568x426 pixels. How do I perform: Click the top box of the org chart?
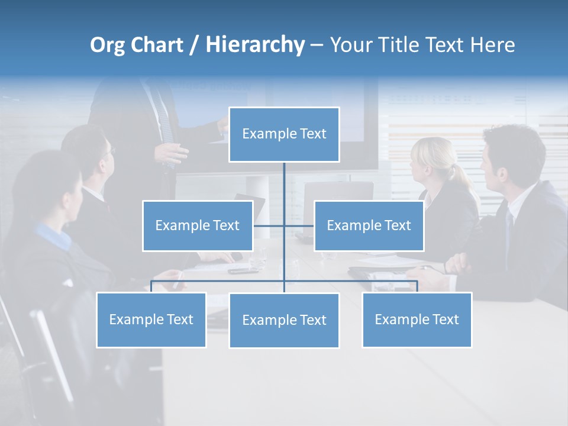284,134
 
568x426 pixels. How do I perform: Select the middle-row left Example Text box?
198,225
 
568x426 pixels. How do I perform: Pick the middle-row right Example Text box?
369,225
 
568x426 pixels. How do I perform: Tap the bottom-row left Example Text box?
151,319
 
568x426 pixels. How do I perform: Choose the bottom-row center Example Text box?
284,320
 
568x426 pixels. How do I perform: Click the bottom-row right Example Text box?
417,319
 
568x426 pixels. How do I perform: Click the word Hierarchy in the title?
255,44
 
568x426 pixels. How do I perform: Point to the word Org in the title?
107,45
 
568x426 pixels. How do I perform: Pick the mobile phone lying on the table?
243,271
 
